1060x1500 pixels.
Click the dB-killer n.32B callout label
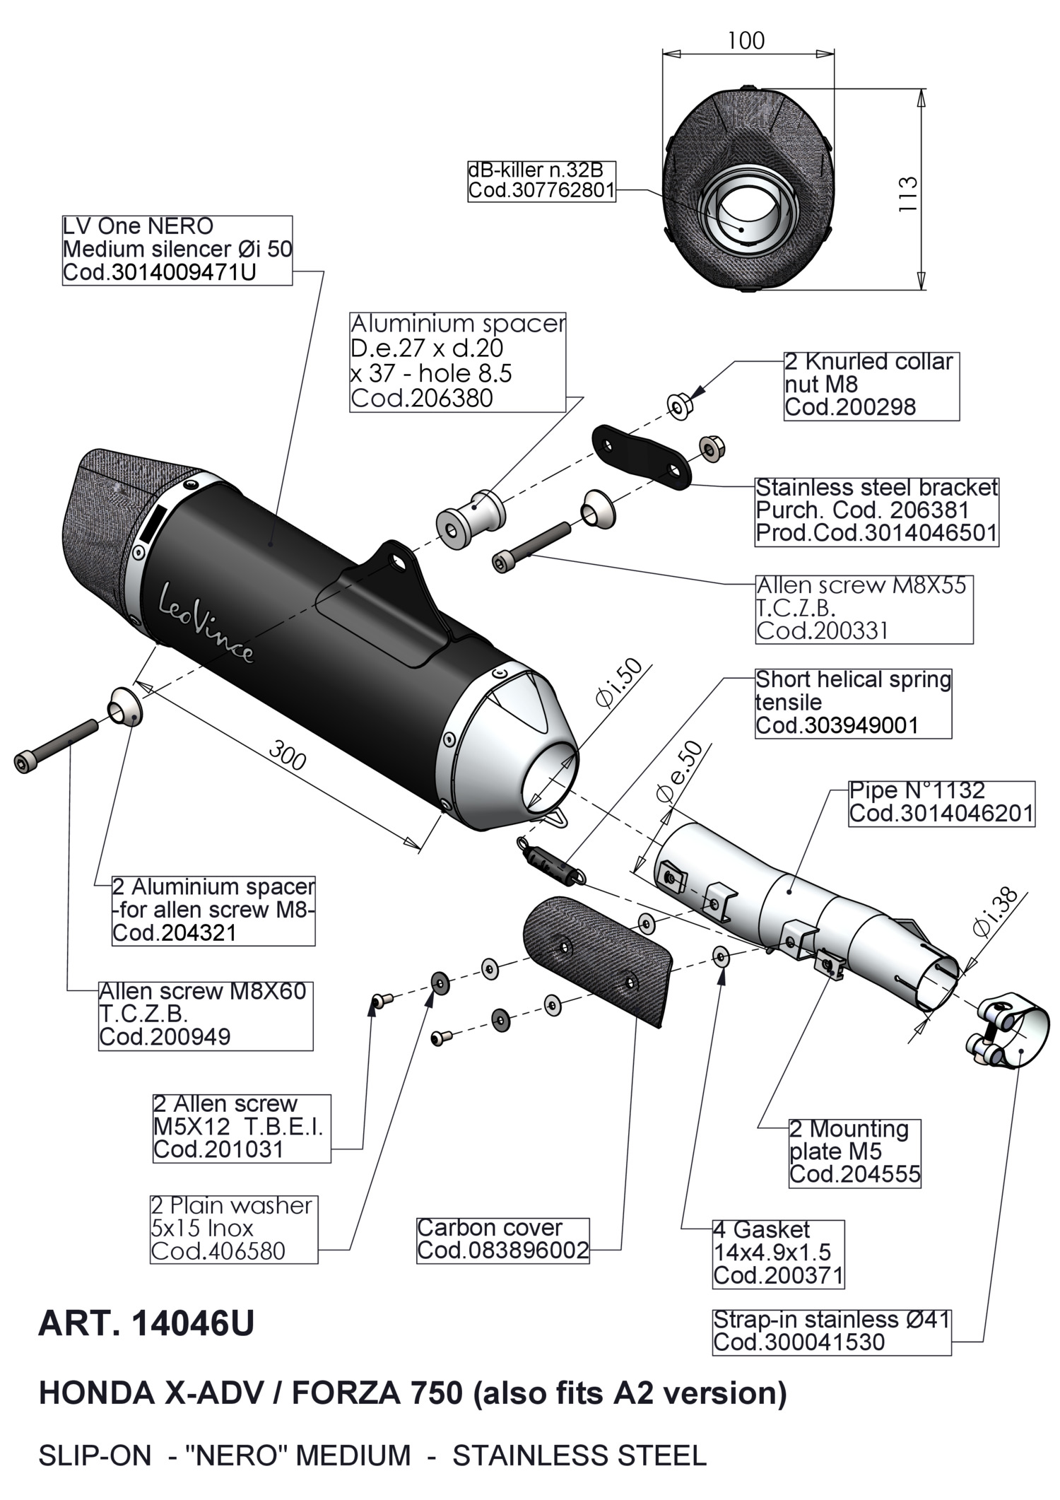(x=541, y=181)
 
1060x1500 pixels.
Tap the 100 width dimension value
(x=746, y=40)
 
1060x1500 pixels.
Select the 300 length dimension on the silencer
(x=288, y=759)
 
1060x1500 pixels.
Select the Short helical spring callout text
(x=853, y=703)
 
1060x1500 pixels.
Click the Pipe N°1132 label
(x=941, y=802)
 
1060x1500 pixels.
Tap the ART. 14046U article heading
(x=146, y=1323)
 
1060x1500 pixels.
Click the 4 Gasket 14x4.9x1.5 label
(x=778, y=1253)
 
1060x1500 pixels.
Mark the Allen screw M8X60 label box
(x=205, y=1014)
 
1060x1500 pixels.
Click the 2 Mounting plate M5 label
(x=854, y=1152)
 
